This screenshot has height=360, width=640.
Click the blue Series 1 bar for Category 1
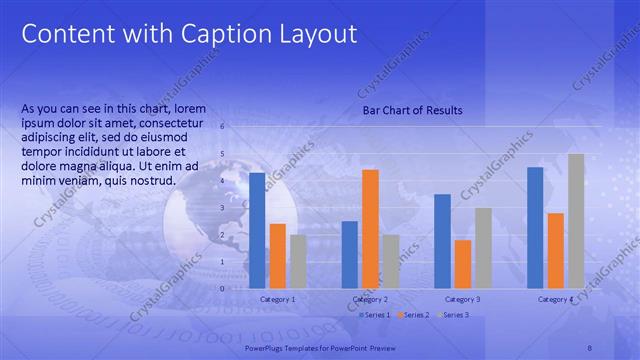(257, 231)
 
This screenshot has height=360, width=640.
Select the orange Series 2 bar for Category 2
(370, 229)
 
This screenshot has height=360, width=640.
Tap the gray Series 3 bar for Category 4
(576, 221)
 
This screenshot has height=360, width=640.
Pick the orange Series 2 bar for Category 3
(463, 264)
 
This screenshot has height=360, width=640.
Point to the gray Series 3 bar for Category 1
(298, 261)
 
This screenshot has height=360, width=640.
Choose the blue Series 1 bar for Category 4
(535, 227)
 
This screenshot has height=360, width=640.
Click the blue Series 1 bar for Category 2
(349, 254)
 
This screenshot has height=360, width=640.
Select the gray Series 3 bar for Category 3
(483, 248)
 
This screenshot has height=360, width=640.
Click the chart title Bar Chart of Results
(412, 110)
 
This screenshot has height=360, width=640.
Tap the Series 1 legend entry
(376, 315)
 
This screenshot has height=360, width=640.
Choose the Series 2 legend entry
(413, 315)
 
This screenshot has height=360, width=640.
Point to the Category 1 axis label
(278, 299)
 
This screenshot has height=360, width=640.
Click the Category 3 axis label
(463, 299)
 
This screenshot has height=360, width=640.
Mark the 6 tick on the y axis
(222, 126)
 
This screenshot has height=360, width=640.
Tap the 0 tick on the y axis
(222, 289)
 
